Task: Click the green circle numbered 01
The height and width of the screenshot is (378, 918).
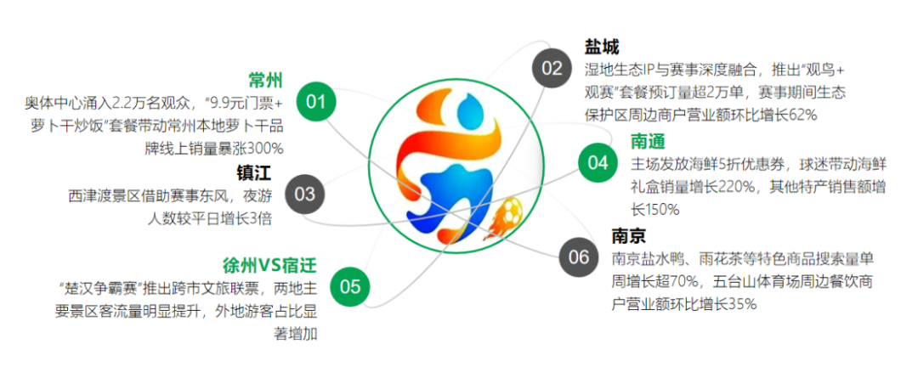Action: (316, 103)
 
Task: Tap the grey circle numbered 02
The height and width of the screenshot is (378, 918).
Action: (552, 69)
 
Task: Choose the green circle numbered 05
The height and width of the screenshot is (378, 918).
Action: (350, 286)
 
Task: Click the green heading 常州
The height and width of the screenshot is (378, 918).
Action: (265, 81)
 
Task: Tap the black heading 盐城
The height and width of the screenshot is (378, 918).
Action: (602, 47)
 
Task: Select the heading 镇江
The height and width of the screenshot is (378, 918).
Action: (253, 173)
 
